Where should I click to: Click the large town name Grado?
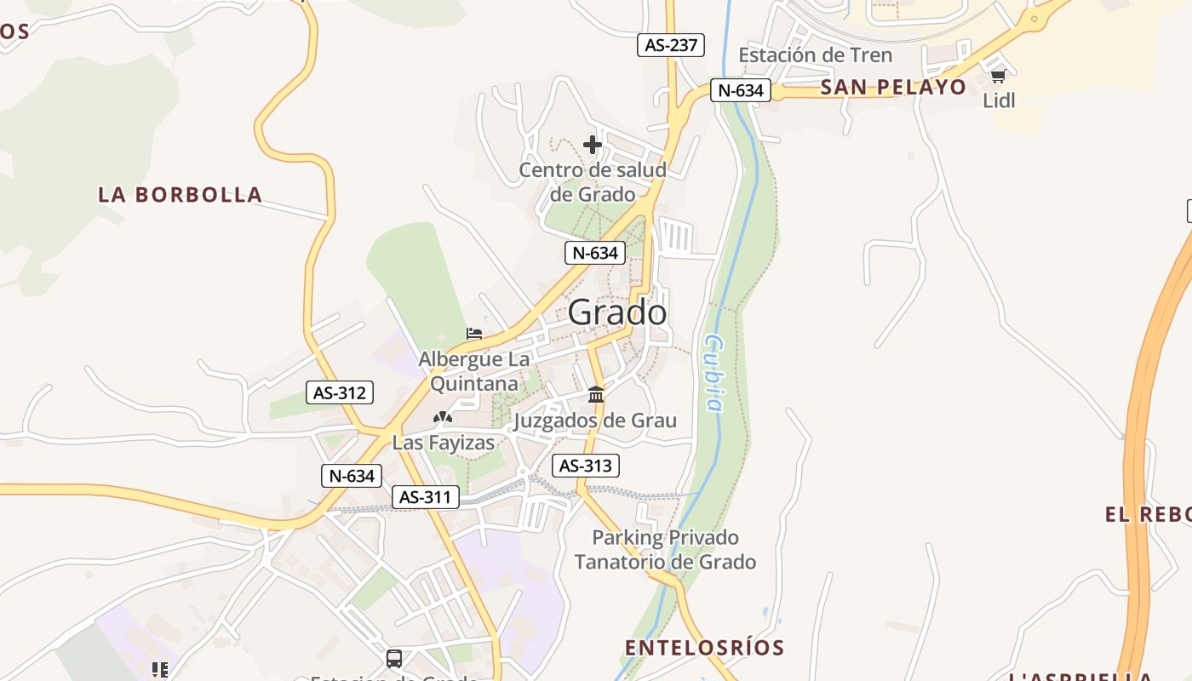click(x=617, y=312)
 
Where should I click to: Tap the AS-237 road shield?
click(x=671, y=45)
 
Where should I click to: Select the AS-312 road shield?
click(x=340, y=392)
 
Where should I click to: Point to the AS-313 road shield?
click(x=585, y=466)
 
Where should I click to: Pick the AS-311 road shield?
click(x=426, y=497)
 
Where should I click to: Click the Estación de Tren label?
click(x=815, y=55)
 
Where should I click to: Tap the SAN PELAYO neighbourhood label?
click(x=894, y=87)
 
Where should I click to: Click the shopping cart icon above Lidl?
click(x=998, y=77)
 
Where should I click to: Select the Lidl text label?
click(x=1000, y=100)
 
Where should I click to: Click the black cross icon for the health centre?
click(x=593, y=145)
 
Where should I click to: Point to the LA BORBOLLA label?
click(x=180, y=194)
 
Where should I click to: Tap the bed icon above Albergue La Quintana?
click(x=474, y=334)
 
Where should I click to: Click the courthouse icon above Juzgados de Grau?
click(x=596, y=395)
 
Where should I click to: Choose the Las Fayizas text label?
click(x=443, y=443)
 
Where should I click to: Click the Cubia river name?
click(x=714, y=374)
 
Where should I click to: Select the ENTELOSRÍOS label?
click(x=704, y=648)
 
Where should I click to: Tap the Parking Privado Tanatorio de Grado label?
click(x=665, y=550)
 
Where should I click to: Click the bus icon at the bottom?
click(x=394, y=658)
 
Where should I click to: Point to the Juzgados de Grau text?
click(x=595, y=421)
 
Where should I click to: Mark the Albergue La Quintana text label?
click(x=473, y=372)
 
